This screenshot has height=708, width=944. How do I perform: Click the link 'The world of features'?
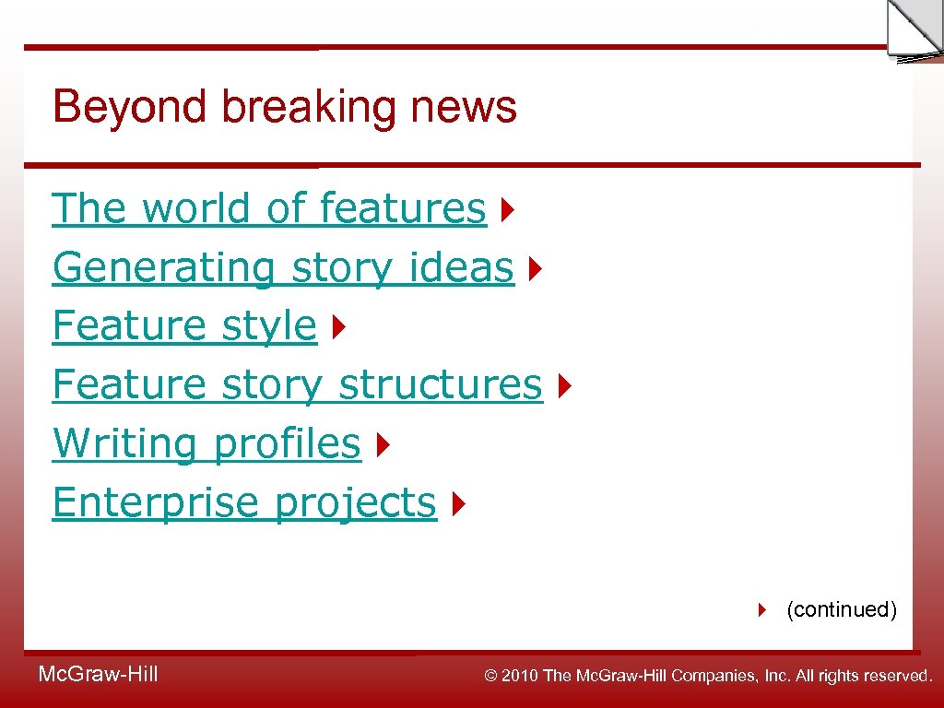(x=268, y=208)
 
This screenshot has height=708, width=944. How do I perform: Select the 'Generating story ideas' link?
(x=282, y=267)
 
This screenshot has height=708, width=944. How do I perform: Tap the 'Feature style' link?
(x=184, y=325)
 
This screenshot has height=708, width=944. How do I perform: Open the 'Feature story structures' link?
(x=297, y=384)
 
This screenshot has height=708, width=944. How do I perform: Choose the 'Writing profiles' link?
(x=206, y=443)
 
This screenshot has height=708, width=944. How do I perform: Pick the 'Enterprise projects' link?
(x=243, y=502)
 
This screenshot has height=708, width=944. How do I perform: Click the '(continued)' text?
(x=841, y=609)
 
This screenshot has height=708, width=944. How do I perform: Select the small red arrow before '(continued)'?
(x=762, y=609)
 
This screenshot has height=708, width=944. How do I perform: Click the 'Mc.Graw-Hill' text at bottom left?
(x=98, y=675)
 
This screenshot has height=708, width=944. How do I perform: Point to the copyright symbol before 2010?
(x=491, y=677)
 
